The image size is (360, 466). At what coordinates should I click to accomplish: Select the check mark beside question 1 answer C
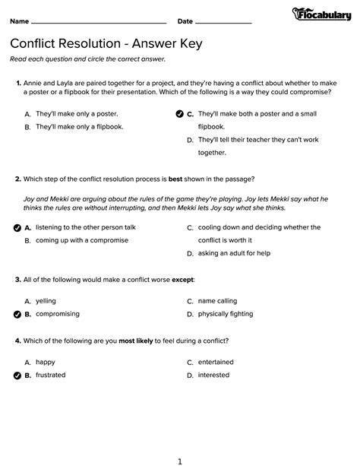click(x=179, y=114)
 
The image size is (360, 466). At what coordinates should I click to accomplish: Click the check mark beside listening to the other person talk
click(x=17, y=227)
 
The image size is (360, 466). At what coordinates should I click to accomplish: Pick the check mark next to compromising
click(x=17, y=313)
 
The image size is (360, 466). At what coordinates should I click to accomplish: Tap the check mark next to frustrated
click(x=17, y=376)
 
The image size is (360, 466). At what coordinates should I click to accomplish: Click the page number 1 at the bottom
click(x=180, y=460)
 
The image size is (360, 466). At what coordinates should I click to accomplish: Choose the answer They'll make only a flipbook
click(x=79, y=127)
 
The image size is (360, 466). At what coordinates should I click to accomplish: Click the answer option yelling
click(x=46, y=300)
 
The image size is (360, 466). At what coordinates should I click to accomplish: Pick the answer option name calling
click(x=217, y=300)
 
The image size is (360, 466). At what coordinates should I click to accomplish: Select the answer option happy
click(x=46, y=363)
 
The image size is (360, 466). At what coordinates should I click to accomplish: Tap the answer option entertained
click(x=216, y=363)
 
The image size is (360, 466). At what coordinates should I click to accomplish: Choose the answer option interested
click(x=213, y=376)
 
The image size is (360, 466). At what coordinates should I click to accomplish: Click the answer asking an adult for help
click(x=234, y=253)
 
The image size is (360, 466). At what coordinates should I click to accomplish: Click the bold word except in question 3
click(x=182, y=280)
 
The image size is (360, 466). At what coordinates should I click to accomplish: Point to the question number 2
click(x=17, y=180)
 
